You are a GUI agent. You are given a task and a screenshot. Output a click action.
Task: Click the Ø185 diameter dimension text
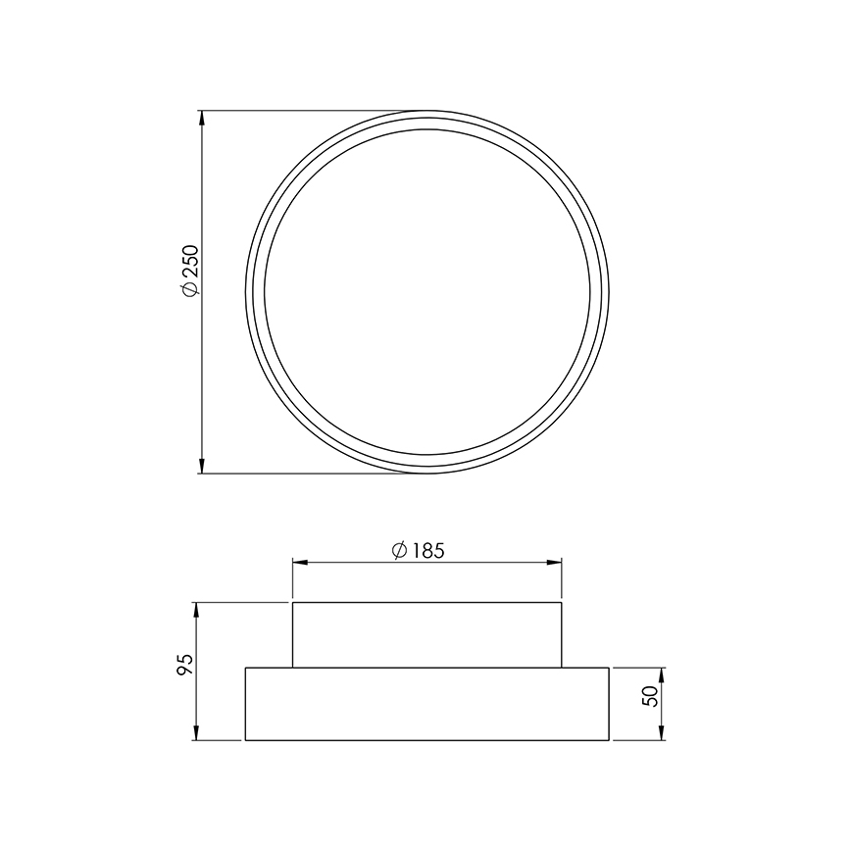click(418, 550)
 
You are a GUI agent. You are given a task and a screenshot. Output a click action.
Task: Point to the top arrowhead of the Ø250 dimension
click(202, 118)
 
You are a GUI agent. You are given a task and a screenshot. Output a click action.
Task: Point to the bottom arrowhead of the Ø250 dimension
click(202, 467)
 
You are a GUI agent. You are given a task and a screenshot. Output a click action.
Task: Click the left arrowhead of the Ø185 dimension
click(300, 562)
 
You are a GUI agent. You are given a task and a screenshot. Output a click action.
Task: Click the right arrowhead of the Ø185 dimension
click(555, 562)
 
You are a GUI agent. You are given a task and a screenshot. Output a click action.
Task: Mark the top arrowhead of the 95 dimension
click(198, 609)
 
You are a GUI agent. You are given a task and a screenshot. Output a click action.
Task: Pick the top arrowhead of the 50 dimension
click(663, 675)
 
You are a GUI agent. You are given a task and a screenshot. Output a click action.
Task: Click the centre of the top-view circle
click(426, 292)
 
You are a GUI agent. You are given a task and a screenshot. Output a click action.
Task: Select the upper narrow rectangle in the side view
click(426, 634)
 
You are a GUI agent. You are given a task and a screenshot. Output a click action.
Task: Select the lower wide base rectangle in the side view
click(426, 704)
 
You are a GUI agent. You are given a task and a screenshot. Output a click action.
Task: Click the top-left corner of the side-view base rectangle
click(245, 668)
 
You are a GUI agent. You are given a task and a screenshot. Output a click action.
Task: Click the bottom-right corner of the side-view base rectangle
click(609, 740)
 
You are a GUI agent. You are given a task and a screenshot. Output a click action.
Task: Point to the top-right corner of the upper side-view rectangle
click(561, 602)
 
